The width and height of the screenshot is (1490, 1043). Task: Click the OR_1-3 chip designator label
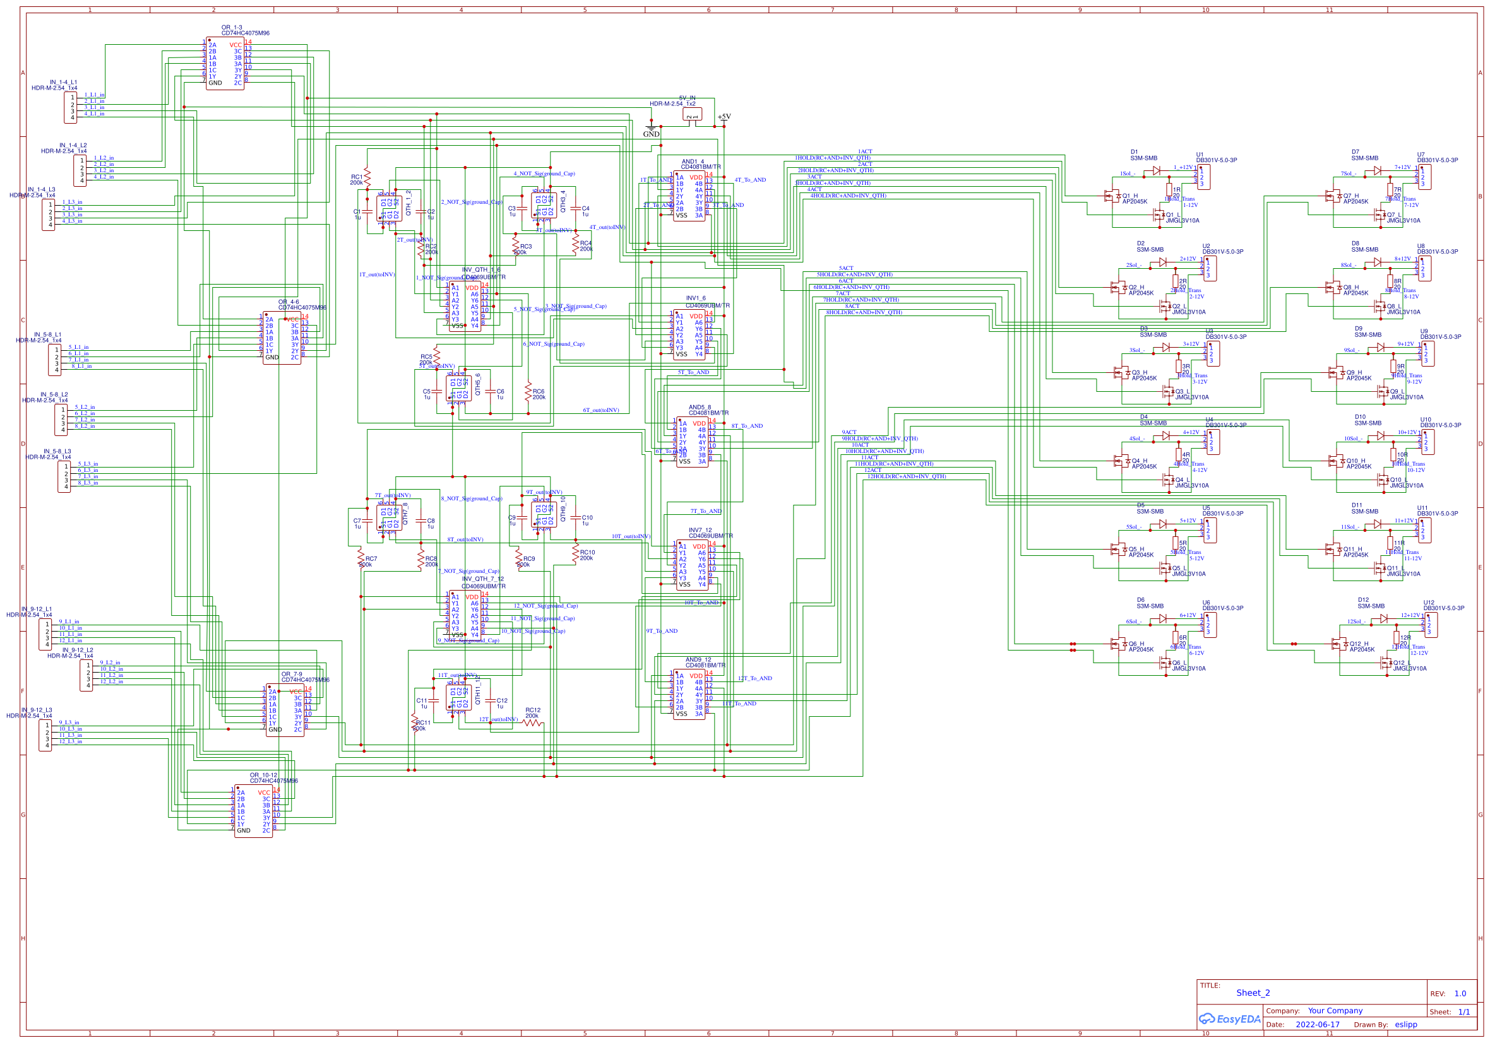(232, 28)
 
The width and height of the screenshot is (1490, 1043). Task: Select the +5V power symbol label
(724, 117)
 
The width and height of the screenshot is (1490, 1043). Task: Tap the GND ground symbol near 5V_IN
(651, 132)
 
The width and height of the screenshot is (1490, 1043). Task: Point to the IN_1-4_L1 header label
(63, 83)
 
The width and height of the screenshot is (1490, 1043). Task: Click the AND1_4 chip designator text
(693, 162)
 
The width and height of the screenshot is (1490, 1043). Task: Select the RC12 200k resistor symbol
(533, 722)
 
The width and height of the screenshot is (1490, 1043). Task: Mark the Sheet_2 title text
(1253, 993)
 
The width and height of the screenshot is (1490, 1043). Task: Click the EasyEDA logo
(1229, 1018)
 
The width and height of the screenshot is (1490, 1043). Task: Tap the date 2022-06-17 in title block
(1318, 1025)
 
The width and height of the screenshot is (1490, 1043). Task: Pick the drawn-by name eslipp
(1405, 1025)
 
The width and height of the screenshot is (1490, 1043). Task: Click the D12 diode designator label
(1363, 600)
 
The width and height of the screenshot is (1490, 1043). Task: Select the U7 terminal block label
(1421, 155)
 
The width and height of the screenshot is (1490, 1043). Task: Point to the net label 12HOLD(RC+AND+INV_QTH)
(907, 476)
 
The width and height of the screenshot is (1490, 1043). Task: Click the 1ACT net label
(865, 152)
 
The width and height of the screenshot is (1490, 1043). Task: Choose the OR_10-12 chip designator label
(263, 775)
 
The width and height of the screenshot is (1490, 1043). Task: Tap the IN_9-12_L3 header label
(37, 710)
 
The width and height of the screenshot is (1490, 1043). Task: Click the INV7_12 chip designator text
(700, 530)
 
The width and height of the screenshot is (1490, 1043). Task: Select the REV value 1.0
(1460, 993)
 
